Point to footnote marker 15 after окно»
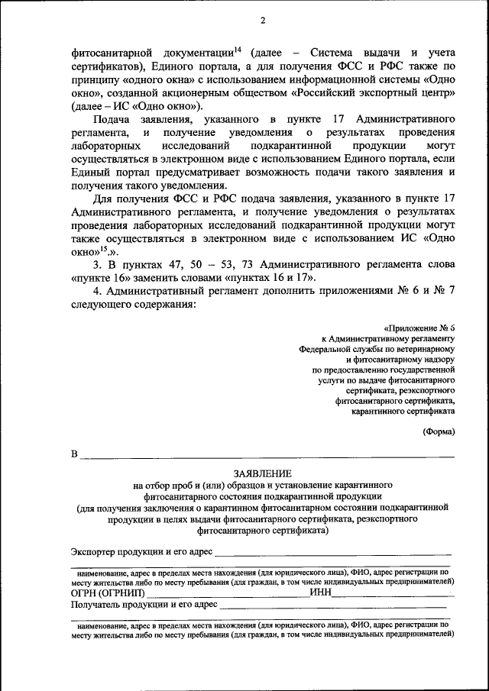click(104, 247)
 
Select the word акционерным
click(228, 94)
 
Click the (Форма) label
click(439, 431)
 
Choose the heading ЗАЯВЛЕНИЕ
click(262, 474)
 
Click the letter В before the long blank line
click(75, 455)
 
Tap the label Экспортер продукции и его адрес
click(141, 551)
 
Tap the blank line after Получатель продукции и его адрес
click(332, 605)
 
